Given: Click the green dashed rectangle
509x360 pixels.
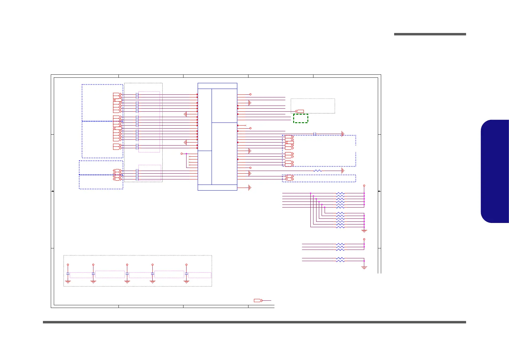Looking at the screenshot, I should pos(300,118).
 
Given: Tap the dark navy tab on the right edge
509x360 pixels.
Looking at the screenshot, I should pos(495,172).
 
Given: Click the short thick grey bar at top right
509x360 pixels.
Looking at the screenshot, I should pos(430,34).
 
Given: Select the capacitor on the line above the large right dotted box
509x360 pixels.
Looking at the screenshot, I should pos(315,134).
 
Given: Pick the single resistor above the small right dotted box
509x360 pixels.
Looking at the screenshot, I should pos(318,171).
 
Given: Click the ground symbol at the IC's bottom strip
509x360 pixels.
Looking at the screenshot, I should pos(250,188).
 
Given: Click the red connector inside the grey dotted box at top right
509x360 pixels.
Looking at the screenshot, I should pos(299,111).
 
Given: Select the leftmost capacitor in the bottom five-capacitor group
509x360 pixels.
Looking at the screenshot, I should pos(68,274).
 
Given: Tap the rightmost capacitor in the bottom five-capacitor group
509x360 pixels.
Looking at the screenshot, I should pos(186,274).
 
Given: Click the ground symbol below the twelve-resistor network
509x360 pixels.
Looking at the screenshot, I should pos(364,231).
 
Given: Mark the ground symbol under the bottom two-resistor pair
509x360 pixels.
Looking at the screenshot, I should pos(364,267).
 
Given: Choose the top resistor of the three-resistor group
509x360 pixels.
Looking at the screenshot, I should pos(340,244).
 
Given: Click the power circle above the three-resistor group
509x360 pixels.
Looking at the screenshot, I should pos(364,239).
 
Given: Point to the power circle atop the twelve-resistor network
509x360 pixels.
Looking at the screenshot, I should pos(364,185).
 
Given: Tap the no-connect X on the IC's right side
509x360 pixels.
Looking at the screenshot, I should pos(245,125).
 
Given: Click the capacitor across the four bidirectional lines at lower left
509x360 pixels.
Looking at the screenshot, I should pos(138,175).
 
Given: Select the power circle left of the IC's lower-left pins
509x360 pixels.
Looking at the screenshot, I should pos(182,154).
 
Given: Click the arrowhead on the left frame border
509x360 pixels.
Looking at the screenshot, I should pos(53,191).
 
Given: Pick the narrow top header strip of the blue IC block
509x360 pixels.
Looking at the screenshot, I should pos(217,86).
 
